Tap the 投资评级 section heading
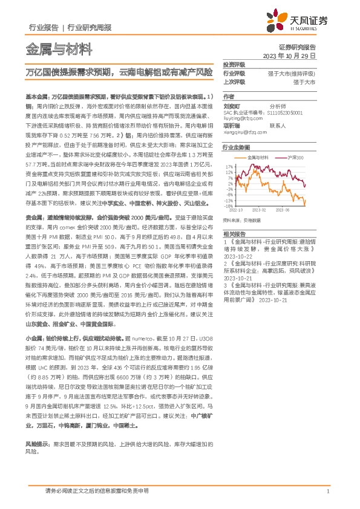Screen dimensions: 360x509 pyautogui.click(x=234, y=64)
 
